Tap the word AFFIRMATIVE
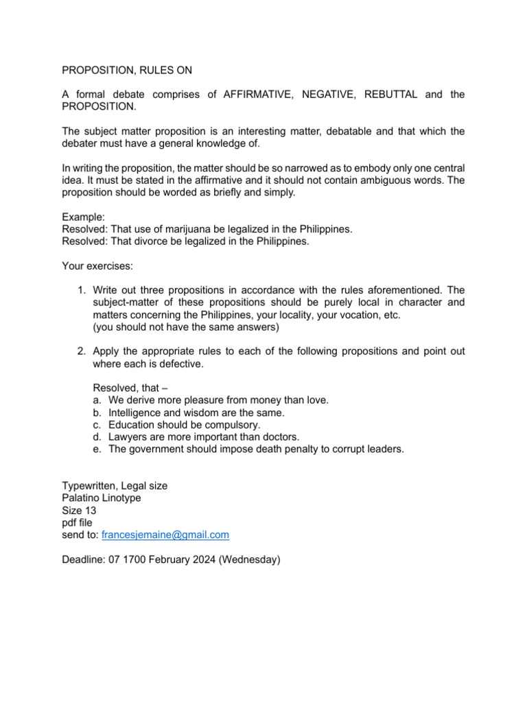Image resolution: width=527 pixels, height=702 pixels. (x=257, y=95)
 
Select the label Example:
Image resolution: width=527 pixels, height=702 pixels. (x=84, y=216)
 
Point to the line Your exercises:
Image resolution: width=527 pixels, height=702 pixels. (x=97, y=266)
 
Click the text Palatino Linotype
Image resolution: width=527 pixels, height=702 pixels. (x=102, y=498)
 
